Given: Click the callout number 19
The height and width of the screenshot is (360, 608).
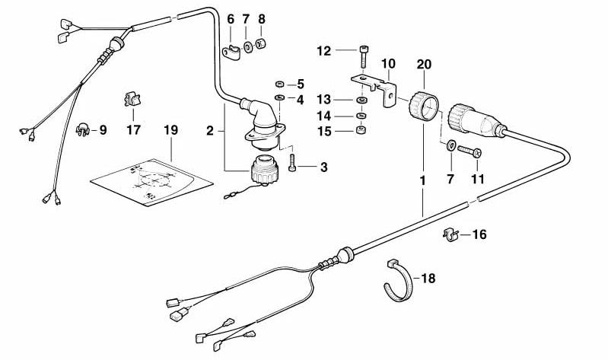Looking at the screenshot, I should pyautogui.click(x=170, y=130).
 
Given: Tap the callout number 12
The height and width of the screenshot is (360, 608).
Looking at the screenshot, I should pyautogui.click(x=325, y=51).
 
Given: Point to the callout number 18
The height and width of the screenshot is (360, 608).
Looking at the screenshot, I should pyautogui.click(x=428, y=279).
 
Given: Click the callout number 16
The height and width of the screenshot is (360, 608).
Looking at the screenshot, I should pyautogui.click(x=479, y=234).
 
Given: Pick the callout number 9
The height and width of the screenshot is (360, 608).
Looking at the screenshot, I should pyautogui.click(x=102, y=130).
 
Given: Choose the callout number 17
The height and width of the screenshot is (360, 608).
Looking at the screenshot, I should pyautogui.click(x=134, y=130).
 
